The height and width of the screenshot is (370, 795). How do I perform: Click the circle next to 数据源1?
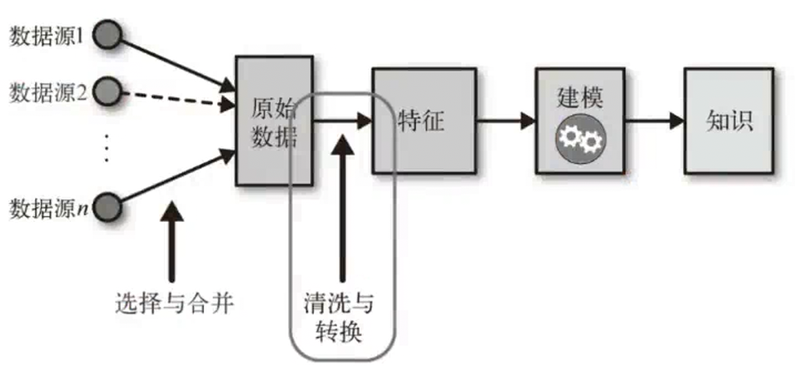click(x=108, y=36)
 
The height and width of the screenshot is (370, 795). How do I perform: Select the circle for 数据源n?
click(x=108, y=205)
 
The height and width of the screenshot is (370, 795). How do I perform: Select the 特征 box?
click(x=424, y=121)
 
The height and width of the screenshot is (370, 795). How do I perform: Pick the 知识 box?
click(x=730, y=121)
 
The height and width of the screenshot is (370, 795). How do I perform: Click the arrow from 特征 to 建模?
click(x=505, y=121)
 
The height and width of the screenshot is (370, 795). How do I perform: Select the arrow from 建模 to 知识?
click(x=653, y=121)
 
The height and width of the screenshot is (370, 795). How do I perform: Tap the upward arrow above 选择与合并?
click(x=172, y=246)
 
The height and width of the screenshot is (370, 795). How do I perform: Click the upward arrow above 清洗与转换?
click(x=340, y=216)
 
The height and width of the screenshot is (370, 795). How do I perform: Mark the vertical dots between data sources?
click(x=107, y=148)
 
